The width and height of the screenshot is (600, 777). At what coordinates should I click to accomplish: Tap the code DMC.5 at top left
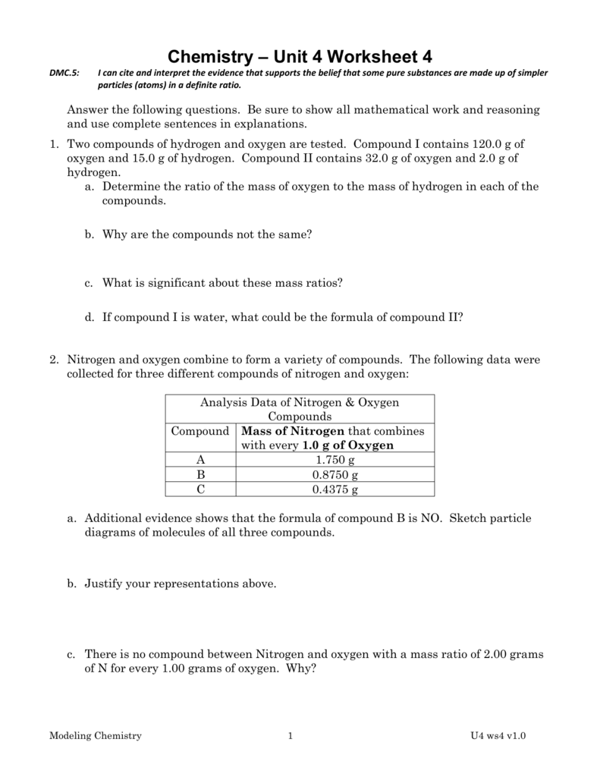(63, 73)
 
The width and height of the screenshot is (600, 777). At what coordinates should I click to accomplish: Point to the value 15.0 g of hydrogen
(142, 158)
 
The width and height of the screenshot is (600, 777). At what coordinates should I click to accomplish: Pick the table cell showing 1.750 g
(335, 460)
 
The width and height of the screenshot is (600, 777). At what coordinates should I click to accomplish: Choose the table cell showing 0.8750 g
(335, 474)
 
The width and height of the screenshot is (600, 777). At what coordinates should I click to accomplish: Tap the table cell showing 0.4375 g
(335, 489)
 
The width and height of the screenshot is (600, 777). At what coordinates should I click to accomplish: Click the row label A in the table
(200, 460)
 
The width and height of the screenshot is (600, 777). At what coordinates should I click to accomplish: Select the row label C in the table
(200, 489)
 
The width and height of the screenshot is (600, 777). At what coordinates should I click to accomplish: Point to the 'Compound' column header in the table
(200, 431)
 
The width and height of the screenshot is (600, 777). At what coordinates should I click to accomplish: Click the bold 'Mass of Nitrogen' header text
(292, 431)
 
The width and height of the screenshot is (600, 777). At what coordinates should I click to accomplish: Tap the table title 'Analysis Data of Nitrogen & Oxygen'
(299, 402)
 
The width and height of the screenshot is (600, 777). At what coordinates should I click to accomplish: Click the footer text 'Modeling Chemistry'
(95, 736)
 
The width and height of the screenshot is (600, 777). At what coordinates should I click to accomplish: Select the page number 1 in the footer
(290, 736)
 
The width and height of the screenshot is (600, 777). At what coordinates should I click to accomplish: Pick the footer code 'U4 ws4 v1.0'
(498, 736)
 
